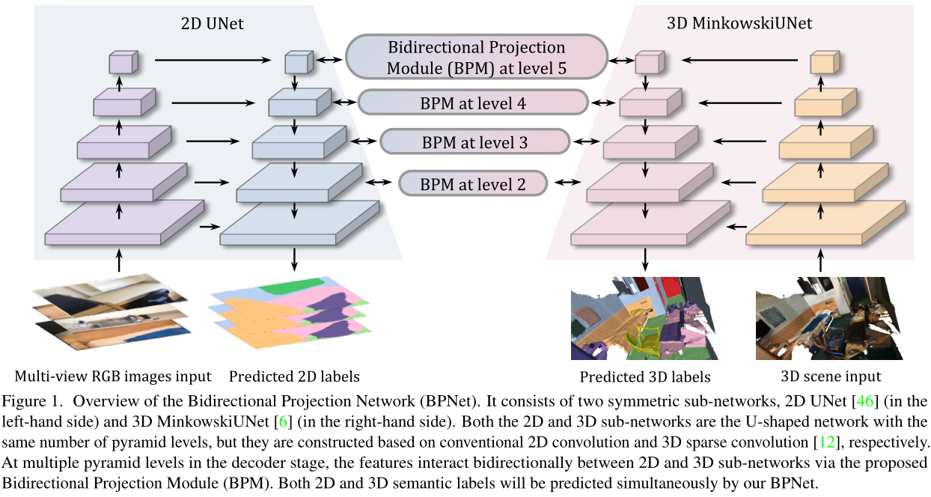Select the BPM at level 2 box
[473, 183]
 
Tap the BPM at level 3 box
[473, 142]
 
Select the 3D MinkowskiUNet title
[739, 24]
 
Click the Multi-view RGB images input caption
[114, 376]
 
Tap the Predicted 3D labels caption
[644, 376]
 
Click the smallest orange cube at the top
[821, 63]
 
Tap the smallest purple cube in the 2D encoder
[120, 62]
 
